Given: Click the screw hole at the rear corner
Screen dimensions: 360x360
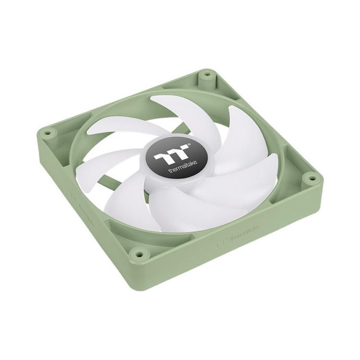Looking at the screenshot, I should tap(207, 75).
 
